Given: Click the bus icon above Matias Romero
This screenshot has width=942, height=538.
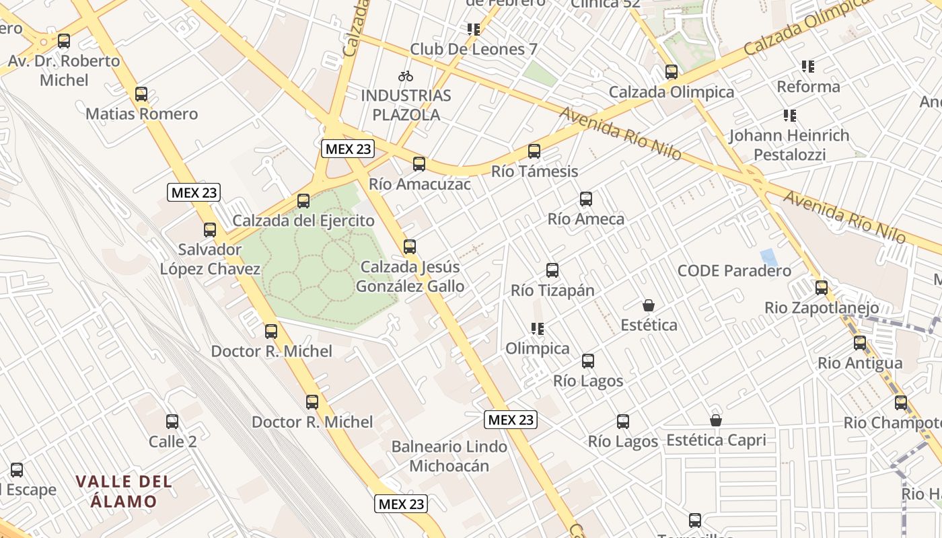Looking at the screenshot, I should pos(141,94).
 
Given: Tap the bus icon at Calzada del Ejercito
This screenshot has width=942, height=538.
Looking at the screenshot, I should pos(303,201).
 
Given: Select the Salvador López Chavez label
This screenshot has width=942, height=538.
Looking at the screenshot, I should pos(210,259).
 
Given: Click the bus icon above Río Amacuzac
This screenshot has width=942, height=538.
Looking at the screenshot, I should pos(419,164).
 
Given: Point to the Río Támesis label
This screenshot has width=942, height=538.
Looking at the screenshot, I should pos(534,171).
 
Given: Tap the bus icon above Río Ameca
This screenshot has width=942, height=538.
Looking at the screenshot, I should pos(586,199).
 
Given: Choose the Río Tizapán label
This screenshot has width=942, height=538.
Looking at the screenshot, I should pos(553,291).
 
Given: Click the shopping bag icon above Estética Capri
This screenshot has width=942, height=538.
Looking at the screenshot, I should pos(716,421).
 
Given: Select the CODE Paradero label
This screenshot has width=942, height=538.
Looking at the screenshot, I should pos(734,271).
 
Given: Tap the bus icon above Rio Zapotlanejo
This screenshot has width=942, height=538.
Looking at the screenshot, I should pos(822,288).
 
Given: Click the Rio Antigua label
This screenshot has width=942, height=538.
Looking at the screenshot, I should pos(860,363).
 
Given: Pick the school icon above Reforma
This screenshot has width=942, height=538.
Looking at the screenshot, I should pos(808,67).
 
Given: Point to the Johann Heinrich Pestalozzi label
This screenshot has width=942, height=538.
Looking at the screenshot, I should pos(789,145).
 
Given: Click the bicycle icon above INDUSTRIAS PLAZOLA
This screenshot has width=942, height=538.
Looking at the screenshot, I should pos(406,76).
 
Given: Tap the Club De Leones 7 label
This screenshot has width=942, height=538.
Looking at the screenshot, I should pos(474,49).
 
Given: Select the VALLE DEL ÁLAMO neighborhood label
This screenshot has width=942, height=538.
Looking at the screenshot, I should pos(124,492).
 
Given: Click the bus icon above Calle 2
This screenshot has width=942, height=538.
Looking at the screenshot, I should pos(172,422).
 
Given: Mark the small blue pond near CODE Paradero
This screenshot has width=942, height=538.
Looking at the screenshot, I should pos(766,258).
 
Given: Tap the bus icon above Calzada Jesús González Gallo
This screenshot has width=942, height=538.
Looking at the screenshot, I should pos(410,247).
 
